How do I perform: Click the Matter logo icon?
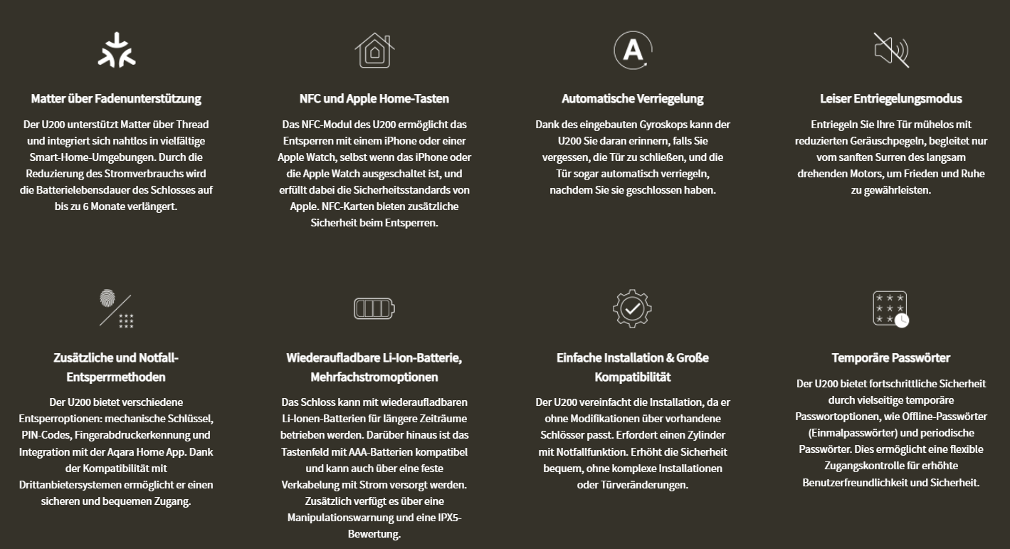116,50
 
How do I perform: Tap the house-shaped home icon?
374,50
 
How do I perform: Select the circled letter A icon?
633,50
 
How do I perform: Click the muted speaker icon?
891,50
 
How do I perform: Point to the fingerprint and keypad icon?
116,309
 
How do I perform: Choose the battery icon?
374,308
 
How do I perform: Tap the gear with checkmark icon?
633,308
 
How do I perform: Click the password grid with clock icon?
891,308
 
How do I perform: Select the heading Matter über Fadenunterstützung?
116,98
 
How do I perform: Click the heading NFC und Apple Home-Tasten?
374,98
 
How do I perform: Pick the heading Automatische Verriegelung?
633,98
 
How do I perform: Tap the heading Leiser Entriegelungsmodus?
891,98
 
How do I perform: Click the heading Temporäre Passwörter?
891,357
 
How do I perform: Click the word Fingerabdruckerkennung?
140,434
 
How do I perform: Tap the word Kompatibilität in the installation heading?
633,377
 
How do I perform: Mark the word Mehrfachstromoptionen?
374,377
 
